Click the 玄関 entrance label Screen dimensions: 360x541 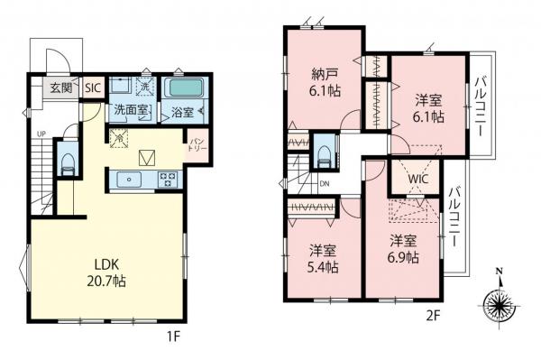click(61, 88)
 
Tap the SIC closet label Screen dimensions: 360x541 click(92, 88)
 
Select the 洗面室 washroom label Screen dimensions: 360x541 click(130, 110)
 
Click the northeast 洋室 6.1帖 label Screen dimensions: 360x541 click(427, 107)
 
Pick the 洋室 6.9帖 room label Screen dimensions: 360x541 click(404, 250)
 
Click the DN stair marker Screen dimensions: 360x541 click(324, 187)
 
